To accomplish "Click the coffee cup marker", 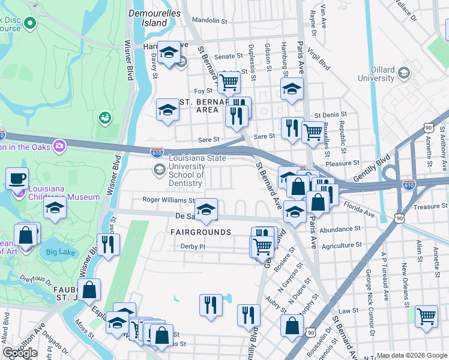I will [17, 178].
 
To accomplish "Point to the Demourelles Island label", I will [147, 18].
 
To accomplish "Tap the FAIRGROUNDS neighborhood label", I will [200, 232].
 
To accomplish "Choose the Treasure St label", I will [427, 206].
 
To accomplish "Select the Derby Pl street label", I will [193, 246].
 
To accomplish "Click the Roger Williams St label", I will [168, 200].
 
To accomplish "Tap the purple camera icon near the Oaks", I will [59, 145].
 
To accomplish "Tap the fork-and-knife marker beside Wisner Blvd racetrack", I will [108, 244].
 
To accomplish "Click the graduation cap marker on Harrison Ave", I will [169, 52].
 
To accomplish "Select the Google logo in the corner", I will [20, 353].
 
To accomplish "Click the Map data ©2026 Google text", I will [411, 355].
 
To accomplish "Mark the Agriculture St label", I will [341, 245].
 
